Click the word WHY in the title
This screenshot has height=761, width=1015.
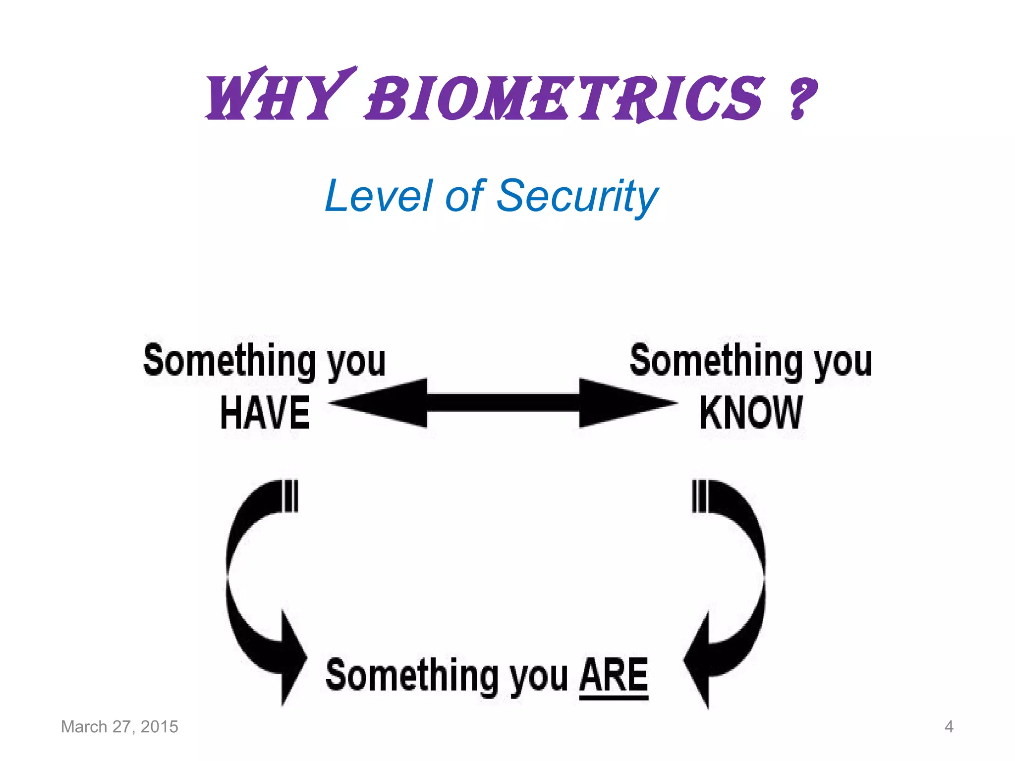coord(275,97)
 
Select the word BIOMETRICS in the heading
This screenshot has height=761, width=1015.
coord(565,98)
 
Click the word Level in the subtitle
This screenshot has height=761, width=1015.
coord(379,196)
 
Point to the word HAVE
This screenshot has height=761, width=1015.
coord(265,413)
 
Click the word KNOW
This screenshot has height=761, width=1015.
coord(750,413)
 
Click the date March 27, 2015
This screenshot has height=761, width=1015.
coord(119,727)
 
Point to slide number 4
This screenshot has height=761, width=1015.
coord(949,727)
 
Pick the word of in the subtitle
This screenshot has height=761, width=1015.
coord(464,196)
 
